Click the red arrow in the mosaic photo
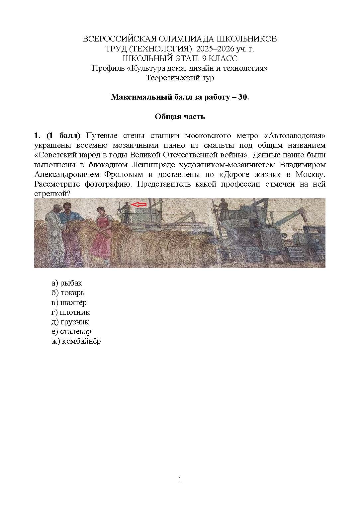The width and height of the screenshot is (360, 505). pos(138,205)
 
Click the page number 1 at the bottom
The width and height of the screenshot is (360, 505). pos(180,479)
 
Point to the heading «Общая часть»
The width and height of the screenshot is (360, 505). pos(180,117)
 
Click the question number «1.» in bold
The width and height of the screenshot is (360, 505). pos(37,136)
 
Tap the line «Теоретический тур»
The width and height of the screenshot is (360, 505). pos(180,78)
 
